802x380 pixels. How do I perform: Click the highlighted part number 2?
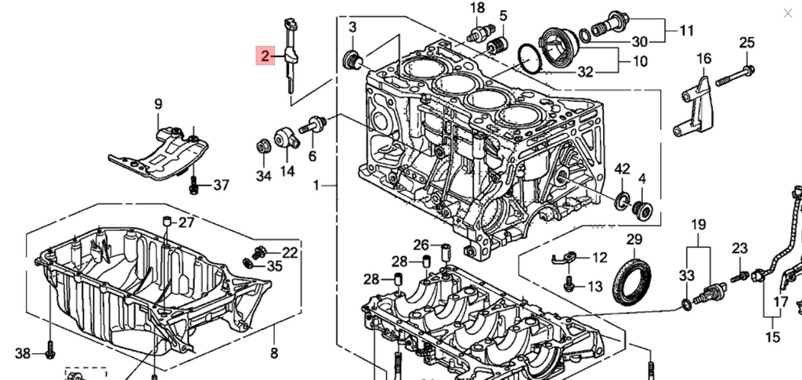coord(266,56)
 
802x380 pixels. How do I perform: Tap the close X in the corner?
coord(787,13)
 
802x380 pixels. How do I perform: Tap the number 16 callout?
coord(703,59)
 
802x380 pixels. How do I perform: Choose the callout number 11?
coord(687,31)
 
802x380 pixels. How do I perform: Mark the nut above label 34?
coord(264,146)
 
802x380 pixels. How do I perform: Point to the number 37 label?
coord(221,186)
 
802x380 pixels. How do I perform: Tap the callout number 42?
coord(622,169)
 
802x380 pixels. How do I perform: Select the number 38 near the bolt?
coord(23,354)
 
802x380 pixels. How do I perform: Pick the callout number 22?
coord(290,252)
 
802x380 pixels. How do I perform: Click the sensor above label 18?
coord(477,32)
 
